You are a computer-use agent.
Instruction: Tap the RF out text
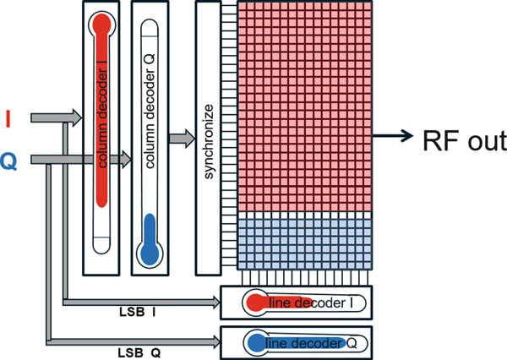pyautogui.click(x=464, y=139)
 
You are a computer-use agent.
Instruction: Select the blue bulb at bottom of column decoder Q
pyautogui.click(x=150, y=251)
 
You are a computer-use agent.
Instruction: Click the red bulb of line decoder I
pyautogui.click(x=253, y=303)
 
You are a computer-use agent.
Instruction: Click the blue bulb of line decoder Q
pyautogui.click(x=253, y=342)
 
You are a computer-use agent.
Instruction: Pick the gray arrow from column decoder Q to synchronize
pyautogui.click(x=180, y=139)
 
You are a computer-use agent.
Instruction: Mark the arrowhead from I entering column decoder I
pyautogui.click(x=76, y=119)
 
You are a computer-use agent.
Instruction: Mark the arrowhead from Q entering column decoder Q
pyautogui.click(x=124, y=157)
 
